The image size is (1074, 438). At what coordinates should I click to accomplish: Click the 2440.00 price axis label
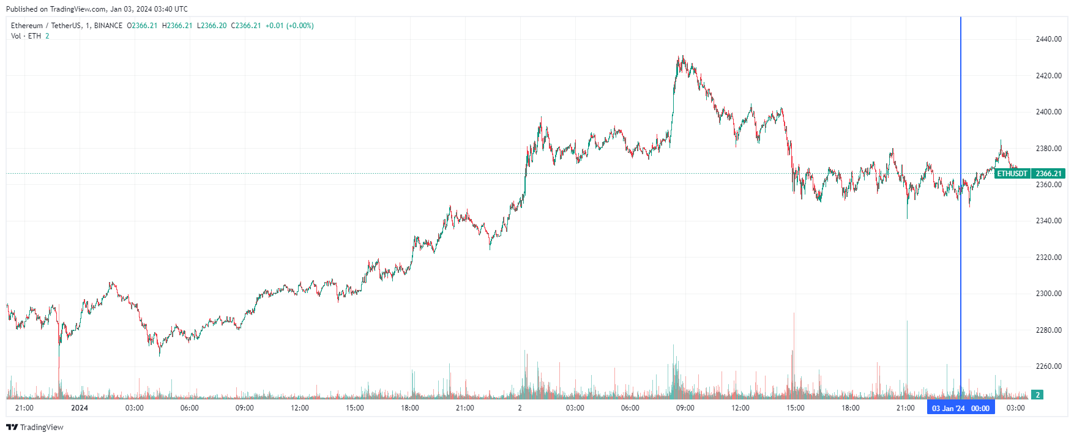coord(1048,39)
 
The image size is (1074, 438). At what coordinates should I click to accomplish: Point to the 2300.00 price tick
coord(1048,294)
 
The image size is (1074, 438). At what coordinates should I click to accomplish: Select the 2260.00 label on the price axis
coord(1048,366)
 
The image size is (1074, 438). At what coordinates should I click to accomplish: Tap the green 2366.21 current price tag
coord(1048,174)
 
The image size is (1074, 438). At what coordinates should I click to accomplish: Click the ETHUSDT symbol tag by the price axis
coord(1012,174)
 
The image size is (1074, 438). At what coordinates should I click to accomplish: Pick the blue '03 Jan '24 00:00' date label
coord(960,408)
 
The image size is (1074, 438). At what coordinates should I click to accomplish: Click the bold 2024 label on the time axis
coord(80,408)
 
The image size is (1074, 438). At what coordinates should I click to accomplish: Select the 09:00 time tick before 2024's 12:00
coord(245,408)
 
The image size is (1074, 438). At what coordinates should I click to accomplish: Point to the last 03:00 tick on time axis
coord(1016,408)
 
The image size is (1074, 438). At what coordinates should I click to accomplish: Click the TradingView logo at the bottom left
coord(35,427)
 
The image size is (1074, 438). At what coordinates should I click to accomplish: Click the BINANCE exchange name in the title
coord(108,26)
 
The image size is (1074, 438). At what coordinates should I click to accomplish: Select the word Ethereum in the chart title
coord(27,26)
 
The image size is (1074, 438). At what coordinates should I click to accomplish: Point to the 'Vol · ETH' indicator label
coord(26,36)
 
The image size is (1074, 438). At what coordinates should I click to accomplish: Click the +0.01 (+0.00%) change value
coord(289,26)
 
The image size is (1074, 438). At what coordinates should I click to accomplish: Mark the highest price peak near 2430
coord(680,57)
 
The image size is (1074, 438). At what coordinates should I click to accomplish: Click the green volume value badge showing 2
coord(1037,395)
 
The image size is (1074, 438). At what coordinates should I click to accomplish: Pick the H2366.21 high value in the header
coord(177,26)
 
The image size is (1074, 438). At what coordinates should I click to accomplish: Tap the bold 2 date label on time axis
coord(520,408)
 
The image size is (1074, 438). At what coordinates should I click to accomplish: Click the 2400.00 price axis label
coord(1048,112)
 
